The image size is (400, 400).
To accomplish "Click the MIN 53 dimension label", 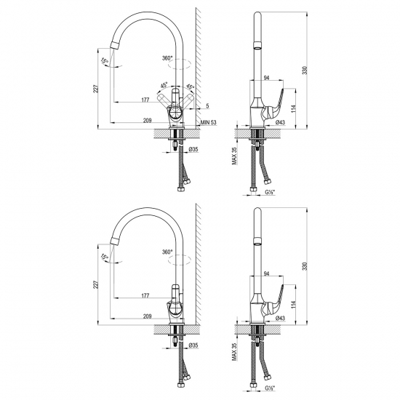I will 209,124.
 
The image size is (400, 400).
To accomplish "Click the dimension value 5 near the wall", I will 207,105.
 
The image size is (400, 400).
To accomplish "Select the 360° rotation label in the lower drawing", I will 168,252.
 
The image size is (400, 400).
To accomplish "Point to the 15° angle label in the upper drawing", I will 104,60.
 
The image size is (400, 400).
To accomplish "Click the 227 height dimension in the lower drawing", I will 95,286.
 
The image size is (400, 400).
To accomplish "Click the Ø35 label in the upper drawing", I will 193,149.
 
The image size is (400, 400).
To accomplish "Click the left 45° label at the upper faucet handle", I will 164,84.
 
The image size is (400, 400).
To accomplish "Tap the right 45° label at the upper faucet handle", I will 191,84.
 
